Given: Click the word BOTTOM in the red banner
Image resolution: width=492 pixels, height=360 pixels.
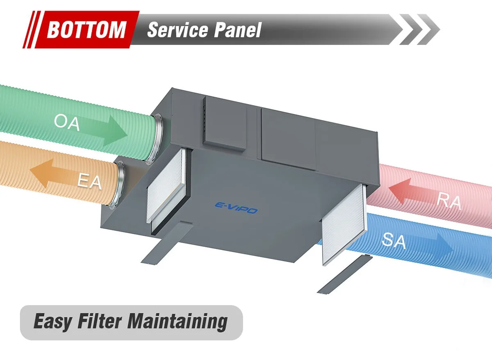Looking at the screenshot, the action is point(87,30).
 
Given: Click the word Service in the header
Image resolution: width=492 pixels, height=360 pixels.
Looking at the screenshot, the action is point(178,30).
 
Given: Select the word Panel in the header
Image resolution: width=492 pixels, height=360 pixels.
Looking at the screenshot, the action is point(238,30).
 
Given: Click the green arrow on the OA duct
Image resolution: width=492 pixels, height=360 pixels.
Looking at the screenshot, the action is point(103,130).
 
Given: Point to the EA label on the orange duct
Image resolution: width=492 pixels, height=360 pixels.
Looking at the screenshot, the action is point(89,181).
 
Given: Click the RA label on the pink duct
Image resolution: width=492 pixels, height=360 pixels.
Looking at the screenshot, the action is point(449,202).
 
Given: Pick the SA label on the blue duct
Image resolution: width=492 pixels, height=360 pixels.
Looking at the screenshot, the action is point(394,241).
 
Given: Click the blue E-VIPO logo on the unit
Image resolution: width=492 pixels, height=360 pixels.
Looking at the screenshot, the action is point(236,208).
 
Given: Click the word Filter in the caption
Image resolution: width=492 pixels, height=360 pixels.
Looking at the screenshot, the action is point(100,321).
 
